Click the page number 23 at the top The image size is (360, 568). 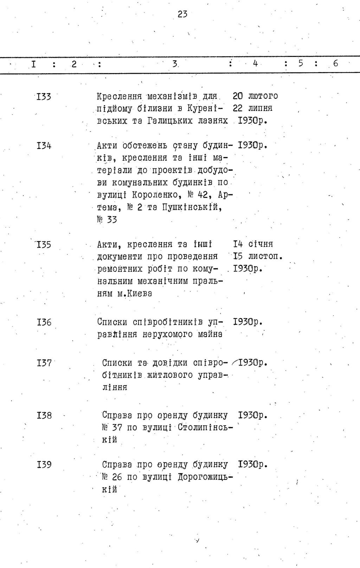[x=182, y=14]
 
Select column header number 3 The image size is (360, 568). [x=175, y=64]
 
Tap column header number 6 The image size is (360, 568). [x=335, y=63]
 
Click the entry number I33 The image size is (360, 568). [x=44, y=96]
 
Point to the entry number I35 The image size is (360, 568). [x=44, y=244]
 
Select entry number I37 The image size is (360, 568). [x=44, y=363]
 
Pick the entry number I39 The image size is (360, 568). [x=44, y=465]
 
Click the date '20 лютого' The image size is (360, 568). [x=255, y=96]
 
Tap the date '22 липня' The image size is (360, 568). [x=252, y=108]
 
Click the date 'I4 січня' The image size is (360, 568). [x=253, y=244]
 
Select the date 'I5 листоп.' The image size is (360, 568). [x=258, y=256]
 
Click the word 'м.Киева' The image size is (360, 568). [x=135, y=293]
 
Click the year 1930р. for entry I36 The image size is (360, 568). [x=248, y=322]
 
